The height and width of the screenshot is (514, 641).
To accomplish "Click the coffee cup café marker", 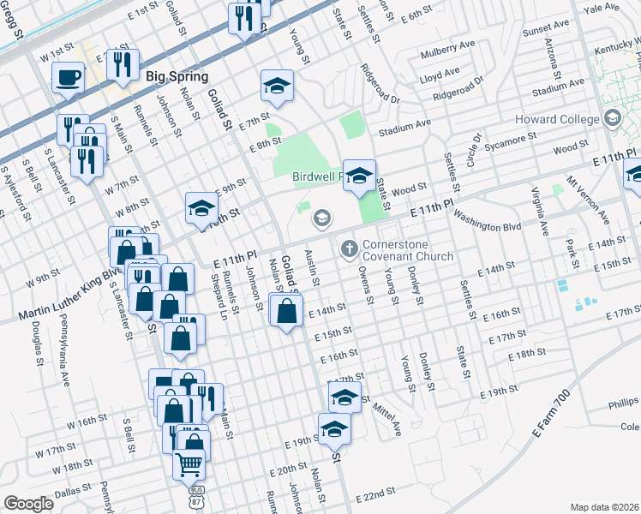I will [68, 78].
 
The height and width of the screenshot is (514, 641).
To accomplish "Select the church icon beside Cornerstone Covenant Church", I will [349, 249].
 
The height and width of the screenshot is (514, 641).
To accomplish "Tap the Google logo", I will [28, 504].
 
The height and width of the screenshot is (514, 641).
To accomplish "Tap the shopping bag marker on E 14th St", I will [285, 312].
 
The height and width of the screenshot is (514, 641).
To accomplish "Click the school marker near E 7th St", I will [277, 86].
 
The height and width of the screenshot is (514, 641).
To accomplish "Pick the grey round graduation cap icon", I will [321, 218].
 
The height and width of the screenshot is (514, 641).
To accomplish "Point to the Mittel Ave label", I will [388, 416].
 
